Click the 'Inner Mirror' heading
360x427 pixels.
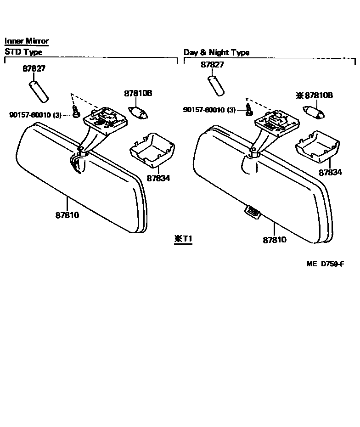(x=27, y=41)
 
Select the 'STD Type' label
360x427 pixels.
(x=23, y=52)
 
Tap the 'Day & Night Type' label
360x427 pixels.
(x=216, y=52)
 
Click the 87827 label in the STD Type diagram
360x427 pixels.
(x=34, y=69)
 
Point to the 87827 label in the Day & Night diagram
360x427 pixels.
(x=212, y=65)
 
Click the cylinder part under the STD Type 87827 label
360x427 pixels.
(x=39, y=92)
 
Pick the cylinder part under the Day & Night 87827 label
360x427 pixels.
(x=216, y=85)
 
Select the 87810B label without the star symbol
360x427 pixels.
(x=138, y=94)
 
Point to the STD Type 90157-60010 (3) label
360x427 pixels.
(x=35, y=115)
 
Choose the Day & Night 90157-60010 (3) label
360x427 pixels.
(x=209, y=110)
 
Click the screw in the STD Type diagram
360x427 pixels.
(x=76, y=111)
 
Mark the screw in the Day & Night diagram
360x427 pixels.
(x=248, y=109)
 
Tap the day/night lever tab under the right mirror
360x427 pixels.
(x=251, y=211)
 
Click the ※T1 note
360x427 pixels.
(x=183, y=239)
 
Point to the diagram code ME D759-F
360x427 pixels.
(x=326, y=264)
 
